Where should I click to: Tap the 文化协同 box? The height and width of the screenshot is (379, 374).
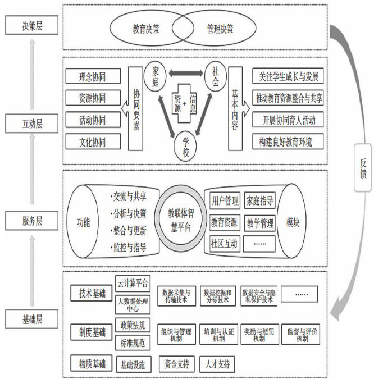click(92, 141)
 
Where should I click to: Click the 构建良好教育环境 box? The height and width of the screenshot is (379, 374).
click(289, 141)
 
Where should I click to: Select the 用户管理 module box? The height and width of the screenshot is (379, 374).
click(225, 200)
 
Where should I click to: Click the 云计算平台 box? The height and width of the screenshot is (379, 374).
click(134, 282)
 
